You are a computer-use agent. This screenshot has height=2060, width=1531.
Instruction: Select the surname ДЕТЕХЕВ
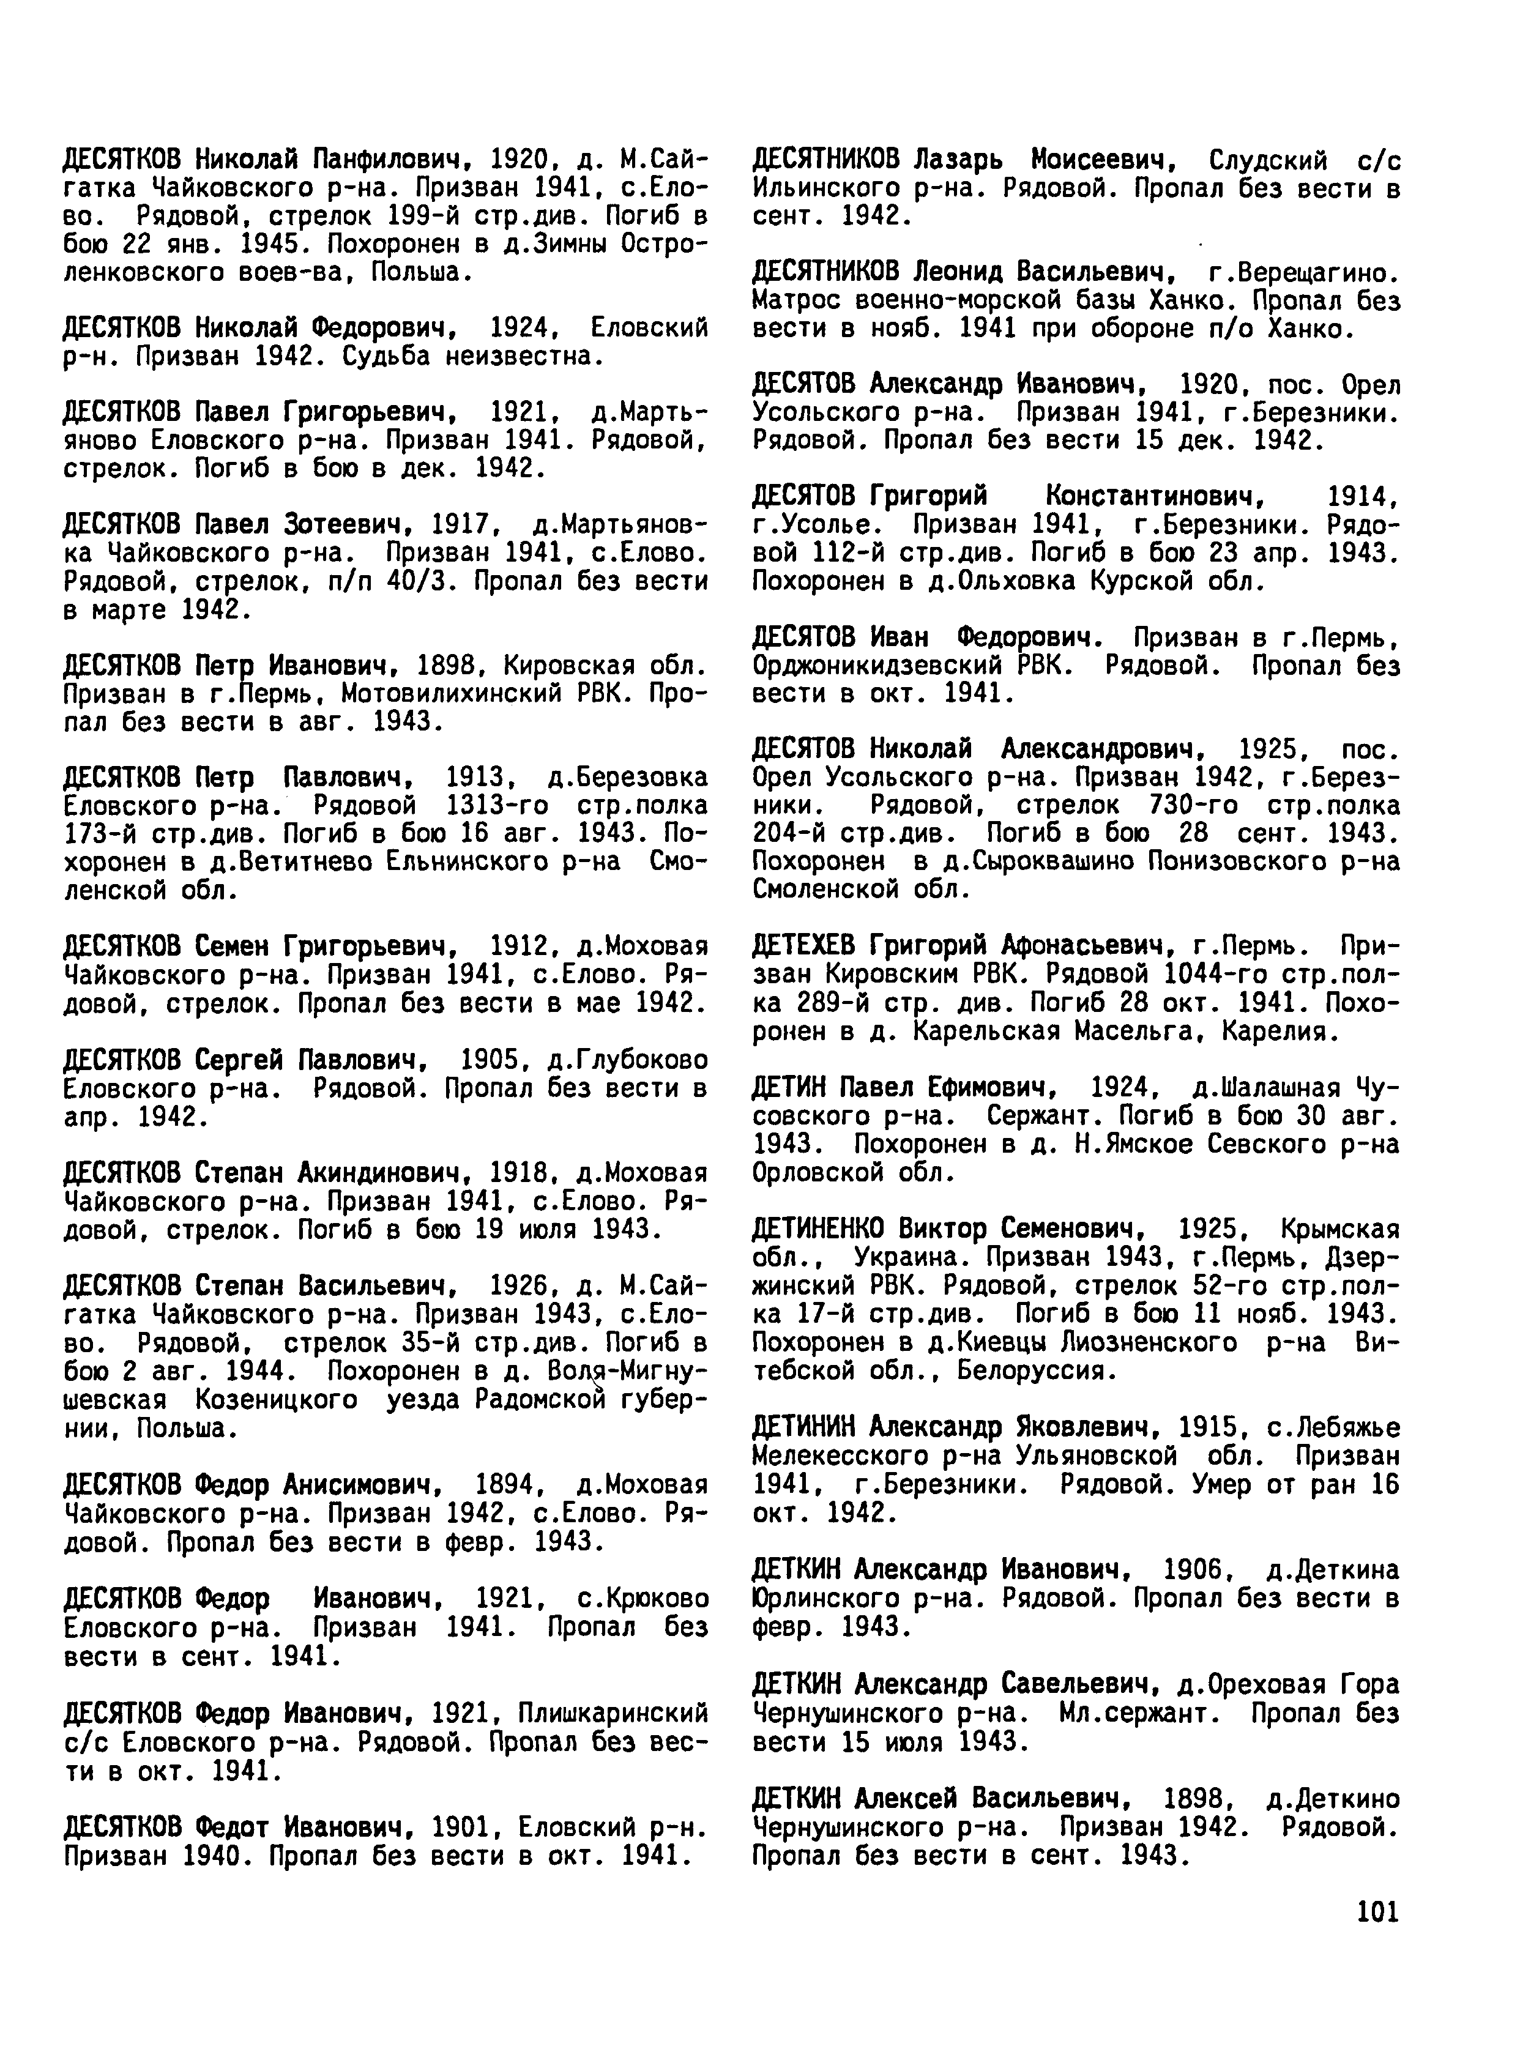(808, 945)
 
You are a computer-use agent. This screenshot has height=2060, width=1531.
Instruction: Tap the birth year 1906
(1196, 1570)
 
